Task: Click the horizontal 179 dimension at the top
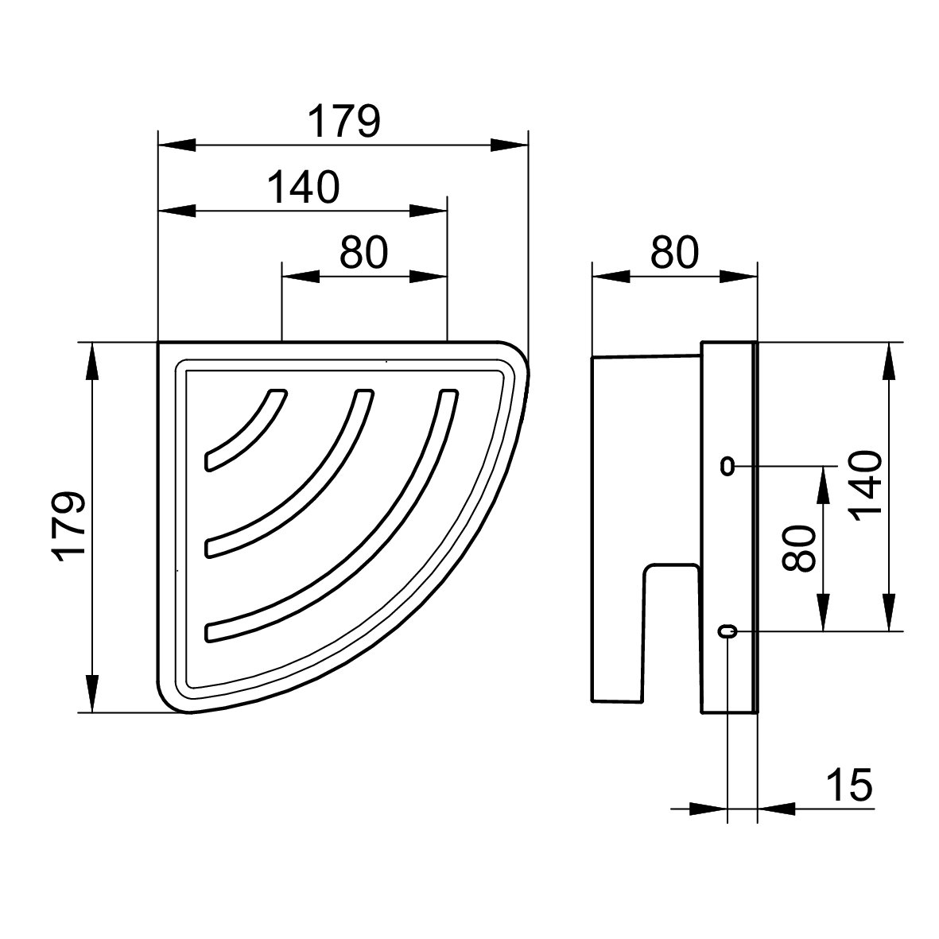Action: (x=343, y=122)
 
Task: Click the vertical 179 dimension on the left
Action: (x=68, y=527)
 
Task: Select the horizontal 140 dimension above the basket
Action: (x=303, y=187)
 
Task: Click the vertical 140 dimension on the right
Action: (x=865, y=487)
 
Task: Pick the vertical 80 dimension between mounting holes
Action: (x=800, y=549)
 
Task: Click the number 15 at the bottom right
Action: (x=849, y=785)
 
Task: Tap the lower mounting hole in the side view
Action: (x=728, y=631)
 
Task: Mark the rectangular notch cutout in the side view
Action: (x=671, y=634)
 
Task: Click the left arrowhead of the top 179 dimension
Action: (x=177, y=145)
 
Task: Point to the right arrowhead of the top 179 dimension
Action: (x=509, y=145)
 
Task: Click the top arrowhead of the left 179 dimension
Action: (x=91, y=361)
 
